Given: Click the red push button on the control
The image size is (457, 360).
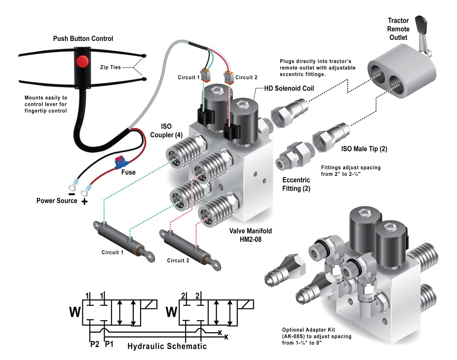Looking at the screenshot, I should (x=82, y=61).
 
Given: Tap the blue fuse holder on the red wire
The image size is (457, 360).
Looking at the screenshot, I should (x=120, y=164).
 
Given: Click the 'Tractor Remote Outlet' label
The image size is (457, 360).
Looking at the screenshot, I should (x=398, y=29).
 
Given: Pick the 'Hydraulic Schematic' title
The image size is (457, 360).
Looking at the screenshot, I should (x=167, y=346).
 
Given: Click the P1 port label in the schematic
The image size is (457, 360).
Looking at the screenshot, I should (x=109, y=344).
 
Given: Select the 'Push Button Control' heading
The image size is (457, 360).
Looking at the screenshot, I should (x=83, y=39).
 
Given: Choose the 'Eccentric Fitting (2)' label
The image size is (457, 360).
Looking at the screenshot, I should (x=296, y=184).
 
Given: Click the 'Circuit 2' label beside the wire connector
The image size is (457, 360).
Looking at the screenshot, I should (x=246, y=78).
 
